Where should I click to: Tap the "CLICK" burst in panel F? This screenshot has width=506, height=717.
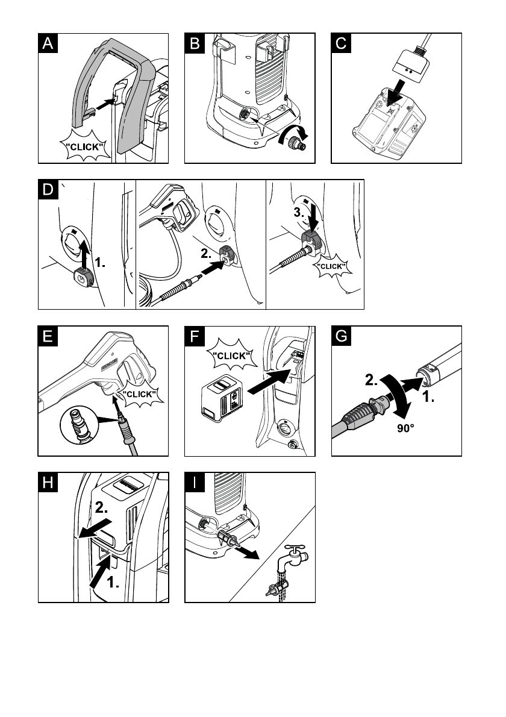231,355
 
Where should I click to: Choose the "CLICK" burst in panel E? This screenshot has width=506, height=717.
139,395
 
